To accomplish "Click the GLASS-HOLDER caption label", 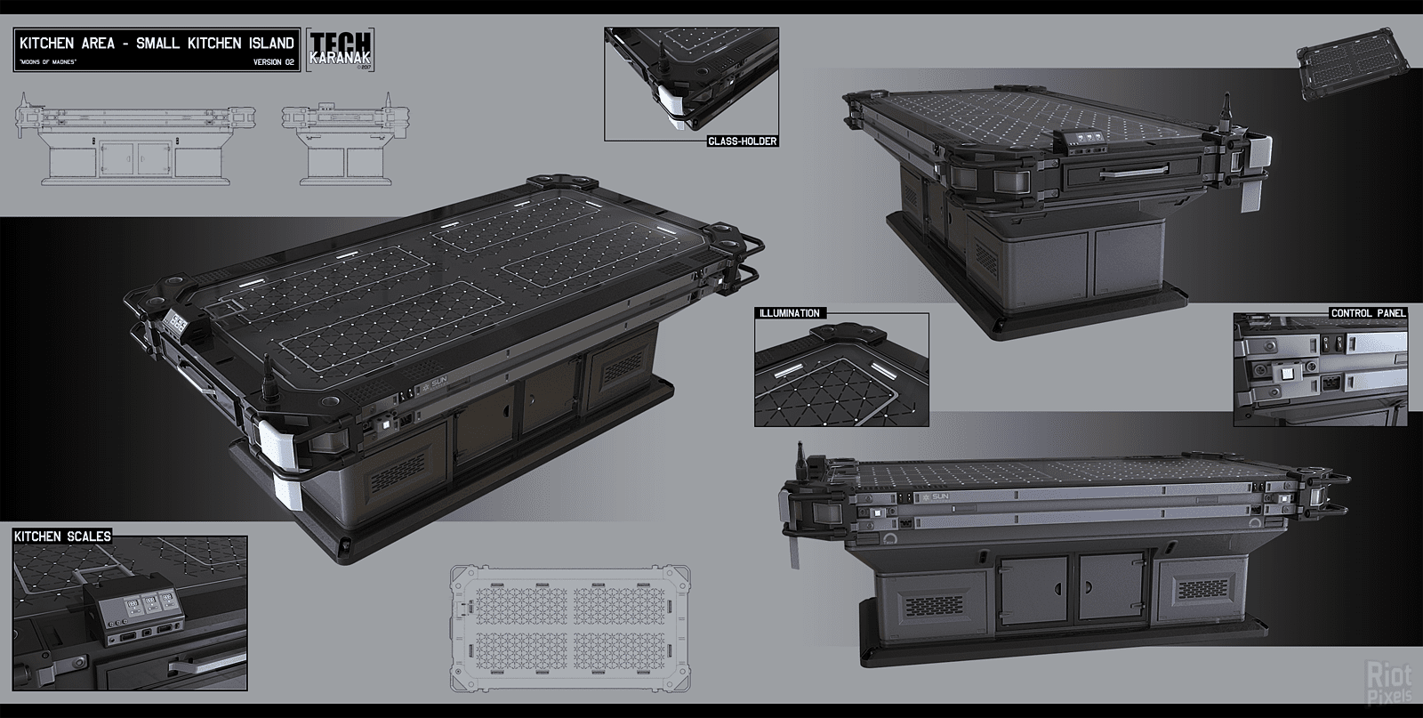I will (x=743, y=141).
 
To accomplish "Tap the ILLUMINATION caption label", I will (x=789, y=313).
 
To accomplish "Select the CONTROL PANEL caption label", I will (x=1368, y=313).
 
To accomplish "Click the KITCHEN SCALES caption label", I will (x=62, y=536).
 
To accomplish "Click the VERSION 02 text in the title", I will (x=274, y=61).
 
